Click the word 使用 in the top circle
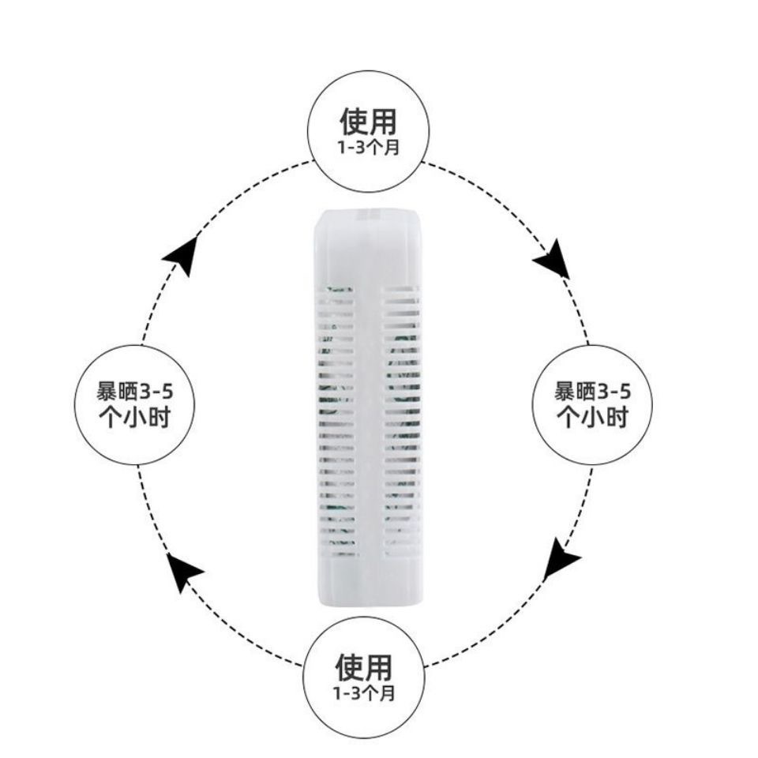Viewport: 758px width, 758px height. point(368,122)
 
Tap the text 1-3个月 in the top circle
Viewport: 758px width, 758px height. point(368,148)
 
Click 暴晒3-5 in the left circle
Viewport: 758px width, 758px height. point(134,391)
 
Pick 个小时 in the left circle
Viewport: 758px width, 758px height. point(134,416)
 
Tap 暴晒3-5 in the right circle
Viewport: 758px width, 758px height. point(592,391)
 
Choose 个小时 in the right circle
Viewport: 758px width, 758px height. point(592,416)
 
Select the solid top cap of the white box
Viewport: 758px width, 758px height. point(368,245)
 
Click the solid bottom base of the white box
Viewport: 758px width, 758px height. point(368,584)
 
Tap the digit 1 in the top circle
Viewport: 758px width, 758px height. point(341,148)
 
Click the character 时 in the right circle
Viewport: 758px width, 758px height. point(616,416)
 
